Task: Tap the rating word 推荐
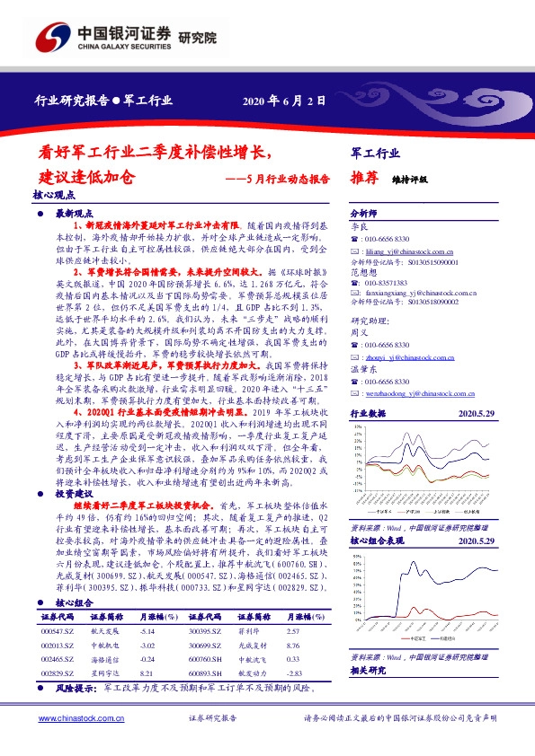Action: tap(358, 177)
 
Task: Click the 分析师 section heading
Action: tap(361, 214)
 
